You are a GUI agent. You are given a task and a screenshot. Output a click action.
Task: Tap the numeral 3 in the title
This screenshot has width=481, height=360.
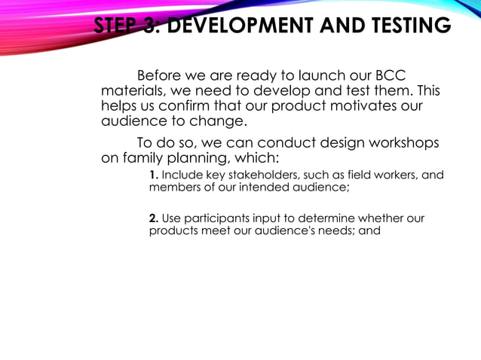point(149,26)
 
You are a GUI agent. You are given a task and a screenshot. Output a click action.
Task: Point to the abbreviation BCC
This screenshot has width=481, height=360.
point(386,76)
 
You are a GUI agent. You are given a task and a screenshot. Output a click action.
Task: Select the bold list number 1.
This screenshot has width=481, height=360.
point(153,175)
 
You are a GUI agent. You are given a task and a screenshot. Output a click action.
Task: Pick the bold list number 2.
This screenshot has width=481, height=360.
point(153,218)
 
